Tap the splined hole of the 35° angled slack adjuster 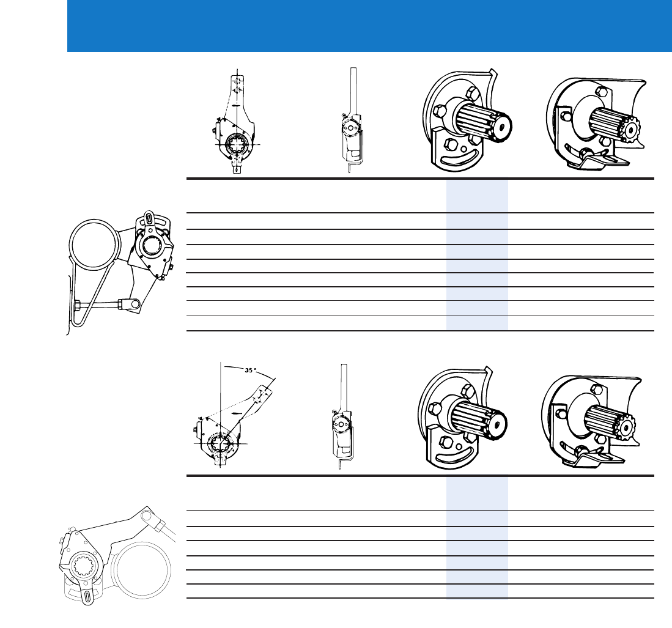pos(221,443)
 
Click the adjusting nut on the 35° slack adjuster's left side pos(196,428)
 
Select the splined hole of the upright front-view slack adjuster pos(235,144)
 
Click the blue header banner pos(369,26)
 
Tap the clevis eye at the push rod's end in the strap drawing pos(133,304)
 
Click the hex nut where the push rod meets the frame pos(78,306)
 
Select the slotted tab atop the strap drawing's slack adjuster pos(149,217)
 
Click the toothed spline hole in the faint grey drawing pos(83,566)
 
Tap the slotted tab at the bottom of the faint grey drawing pos(87,596)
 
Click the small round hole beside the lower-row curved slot pos(459,446)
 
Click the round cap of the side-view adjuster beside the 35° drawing pos(342,424)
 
